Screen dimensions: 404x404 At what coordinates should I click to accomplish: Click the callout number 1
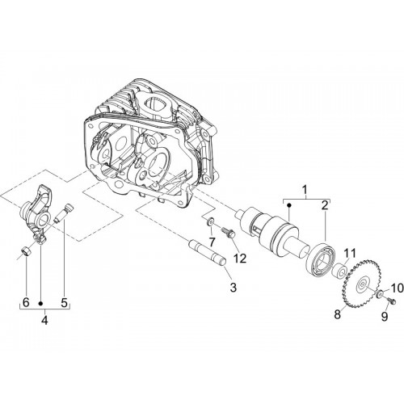(x=305, y=190)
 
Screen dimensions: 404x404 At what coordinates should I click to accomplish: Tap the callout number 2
(x=325, y=206)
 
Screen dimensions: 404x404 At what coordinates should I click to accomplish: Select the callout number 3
(x=233, y=288)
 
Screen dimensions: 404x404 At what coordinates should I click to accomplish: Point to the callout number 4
(x=44, y=321)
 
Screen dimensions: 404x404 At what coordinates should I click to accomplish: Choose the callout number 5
(x=64, y=303)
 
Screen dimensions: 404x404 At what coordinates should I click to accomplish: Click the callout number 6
(x=26, y=303)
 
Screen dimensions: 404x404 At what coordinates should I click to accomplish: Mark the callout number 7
(x=212, y=242)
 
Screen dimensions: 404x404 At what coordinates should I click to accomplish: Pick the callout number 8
(x=338, y=314)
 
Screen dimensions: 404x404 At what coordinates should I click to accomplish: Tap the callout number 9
(x=385, y=317)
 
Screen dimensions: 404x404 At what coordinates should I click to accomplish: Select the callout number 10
(x=395, y=288)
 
